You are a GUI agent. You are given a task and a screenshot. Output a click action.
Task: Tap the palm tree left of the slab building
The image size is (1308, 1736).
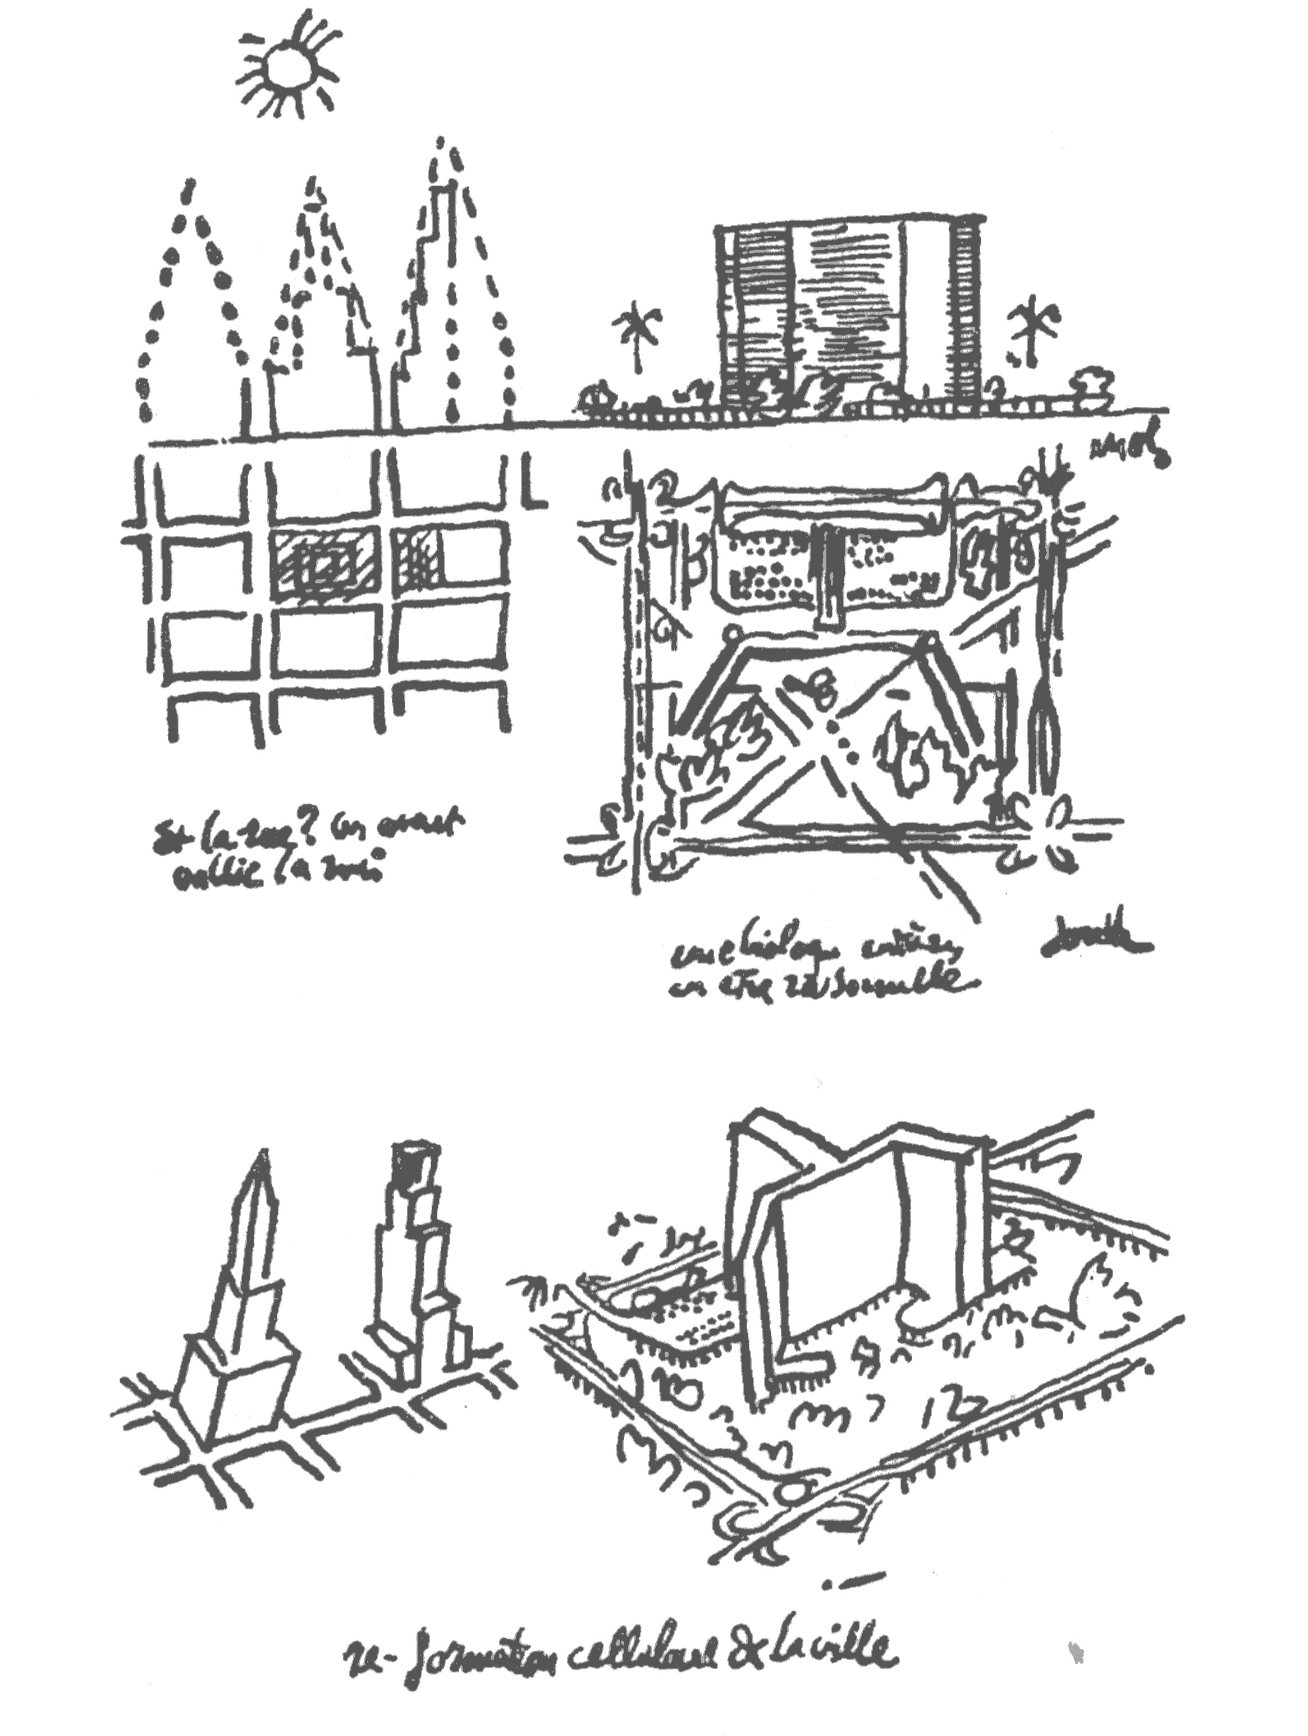[x=637, y=337]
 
